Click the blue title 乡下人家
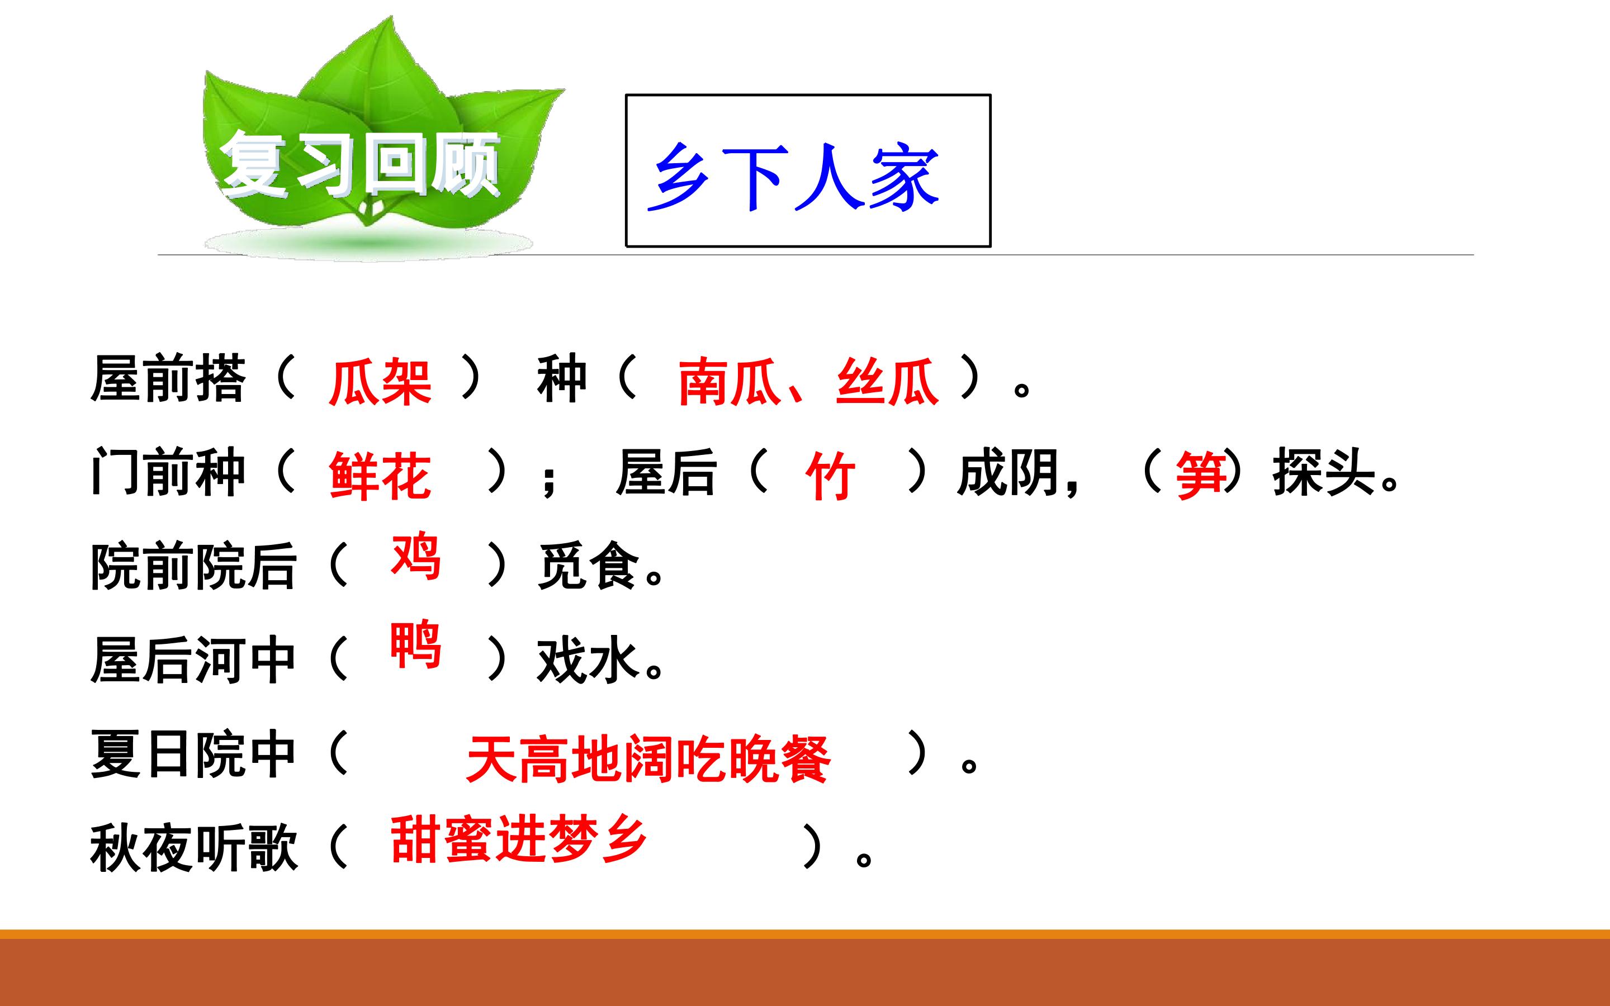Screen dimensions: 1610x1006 [x=793, y=177]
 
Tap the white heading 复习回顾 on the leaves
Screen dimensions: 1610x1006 [x=360, y=164]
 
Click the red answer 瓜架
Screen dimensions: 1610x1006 [x=380, y=381]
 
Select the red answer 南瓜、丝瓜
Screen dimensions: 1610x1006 [x=808, y=381]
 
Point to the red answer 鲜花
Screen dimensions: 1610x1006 [x=380, y=475]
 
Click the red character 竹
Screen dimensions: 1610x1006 [x=830, y=475]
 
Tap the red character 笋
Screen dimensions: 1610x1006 [x=1200, y=475]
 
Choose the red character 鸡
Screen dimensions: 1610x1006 [x=416, y=555]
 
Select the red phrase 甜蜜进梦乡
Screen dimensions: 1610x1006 [x=518, y=838]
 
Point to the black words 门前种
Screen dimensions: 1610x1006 [x=168, y=472]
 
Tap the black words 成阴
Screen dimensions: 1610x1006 [x=1008, y=472]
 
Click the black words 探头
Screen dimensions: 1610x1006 [x=1324, y=472]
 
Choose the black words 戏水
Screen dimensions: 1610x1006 [x=589, y=660]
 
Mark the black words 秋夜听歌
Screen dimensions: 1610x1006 [x=193, y=848]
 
